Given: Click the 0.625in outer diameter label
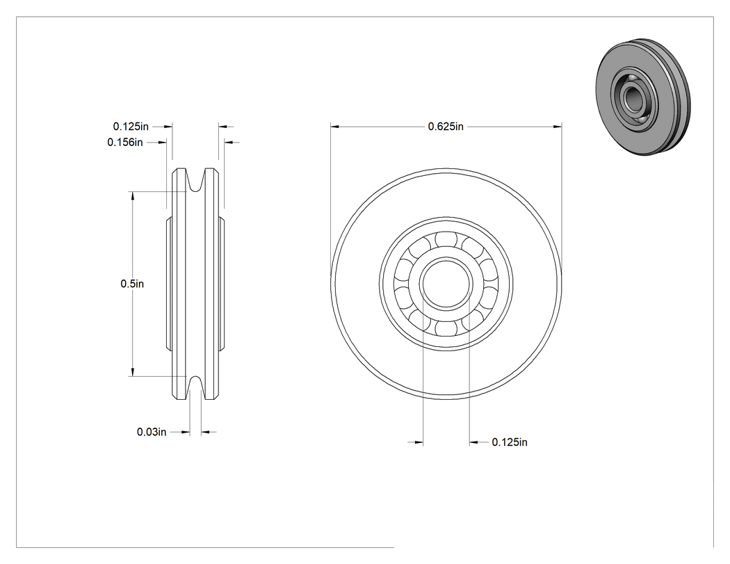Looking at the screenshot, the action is point(446,126).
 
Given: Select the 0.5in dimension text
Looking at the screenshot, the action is point(132,284).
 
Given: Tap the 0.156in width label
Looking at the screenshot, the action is point(124,142).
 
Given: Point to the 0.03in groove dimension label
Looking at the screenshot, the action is point(152,432).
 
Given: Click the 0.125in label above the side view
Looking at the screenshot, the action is point(131,126).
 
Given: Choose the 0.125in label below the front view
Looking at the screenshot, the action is point(510,442).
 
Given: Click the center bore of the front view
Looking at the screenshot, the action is point(446,284).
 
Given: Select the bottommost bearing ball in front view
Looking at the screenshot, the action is point(446,329).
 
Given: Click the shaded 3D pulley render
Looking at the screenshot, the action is point(643,97).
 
